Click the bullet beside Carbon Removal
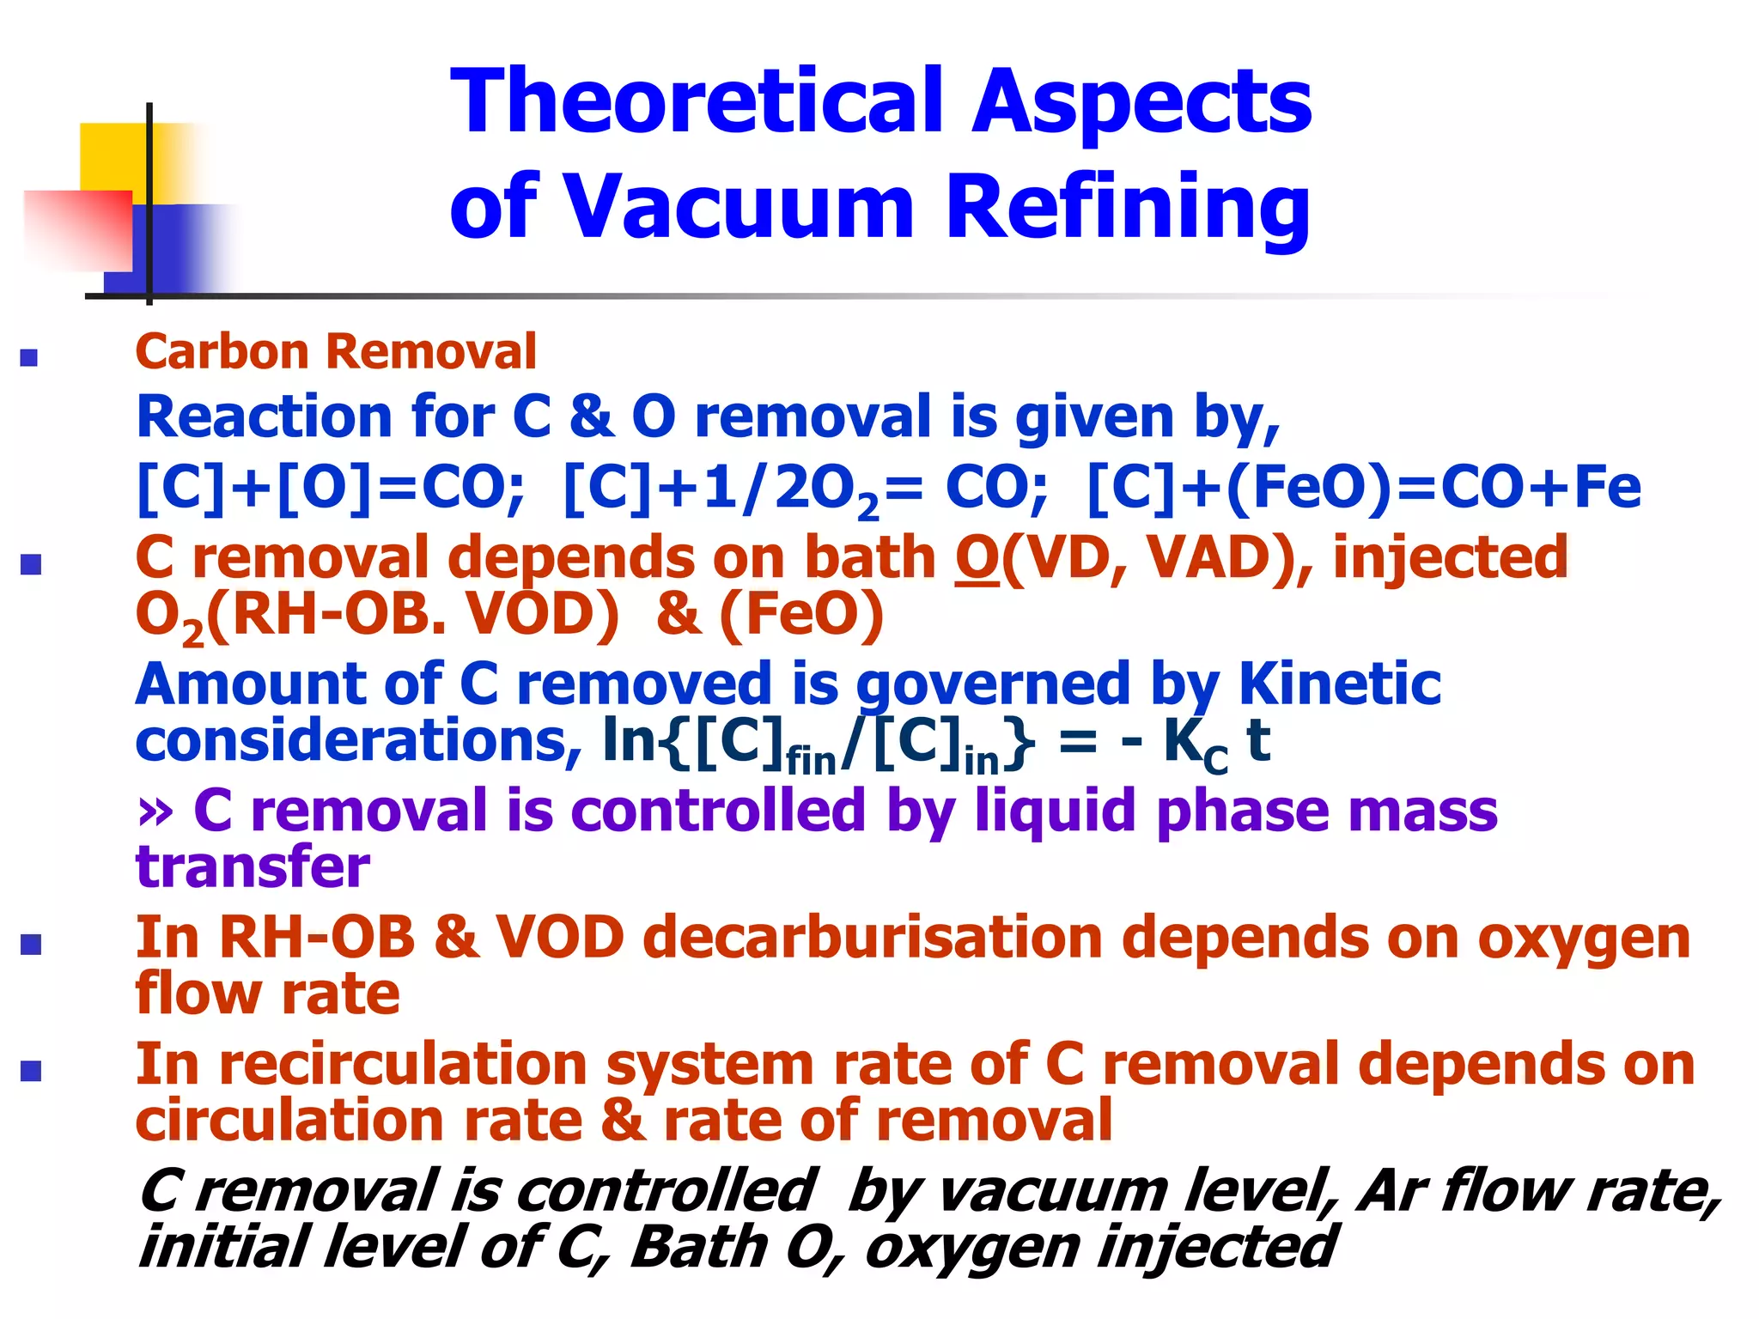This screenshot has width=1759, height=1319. click(29, 357)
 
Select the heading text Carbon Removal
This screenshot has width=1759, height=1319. click(336, 352)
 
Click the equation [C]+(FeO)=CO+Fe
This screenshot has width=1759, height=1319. click(1364, 488)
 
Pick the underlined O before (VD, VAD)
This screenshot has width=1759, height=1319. click(977, 558)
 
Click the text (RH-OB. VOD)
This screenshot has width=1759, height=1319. click(412, 616)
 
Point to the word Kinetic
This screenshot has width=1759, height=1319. click(1340, 684)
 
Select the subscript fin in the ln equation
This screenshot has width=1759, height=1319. click(811, 761)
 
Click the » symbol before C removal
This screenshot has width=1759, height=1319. click(155, 811)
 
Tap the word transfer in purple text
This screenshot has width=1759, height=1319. click(253, 866)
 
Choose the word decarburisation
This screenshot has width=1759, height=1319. click(872, 937)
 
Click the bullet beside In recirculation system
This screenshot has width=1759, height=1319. click(31, 1071)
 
